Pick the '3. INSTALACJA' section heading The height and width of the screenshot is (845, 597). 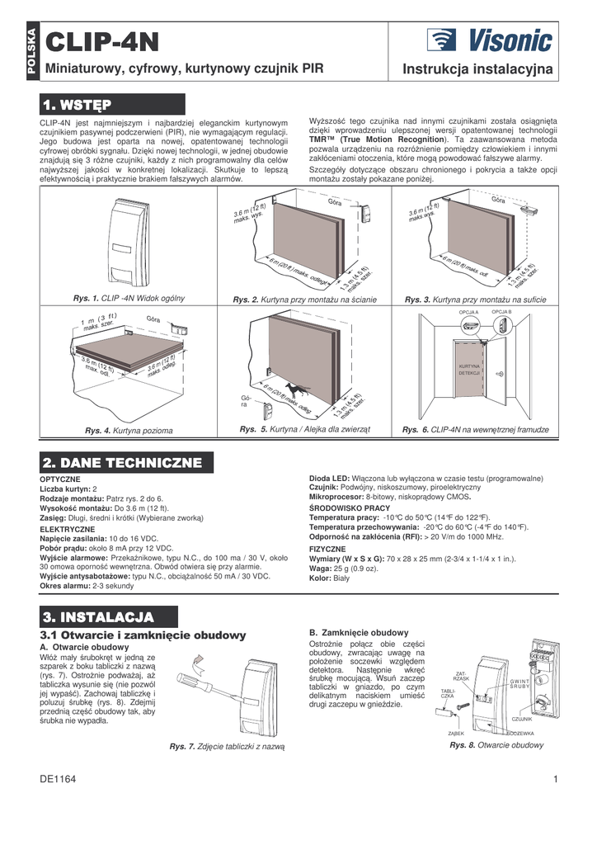(109, 616)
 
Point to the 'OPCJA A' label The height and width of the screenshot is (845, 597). (468, 312)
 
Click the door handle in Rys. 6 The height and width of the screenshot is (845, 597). (499, 373)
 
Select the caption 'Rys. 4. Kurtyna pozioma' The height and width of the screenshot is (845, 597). (129, 431)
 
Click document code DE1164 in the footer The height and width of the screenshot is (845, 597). (58, 779)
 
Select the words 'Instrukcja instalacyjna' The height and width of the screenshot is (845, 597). (477, 71)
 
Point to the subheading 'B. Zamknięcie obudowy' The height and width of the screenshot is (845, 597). (358, 631)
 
